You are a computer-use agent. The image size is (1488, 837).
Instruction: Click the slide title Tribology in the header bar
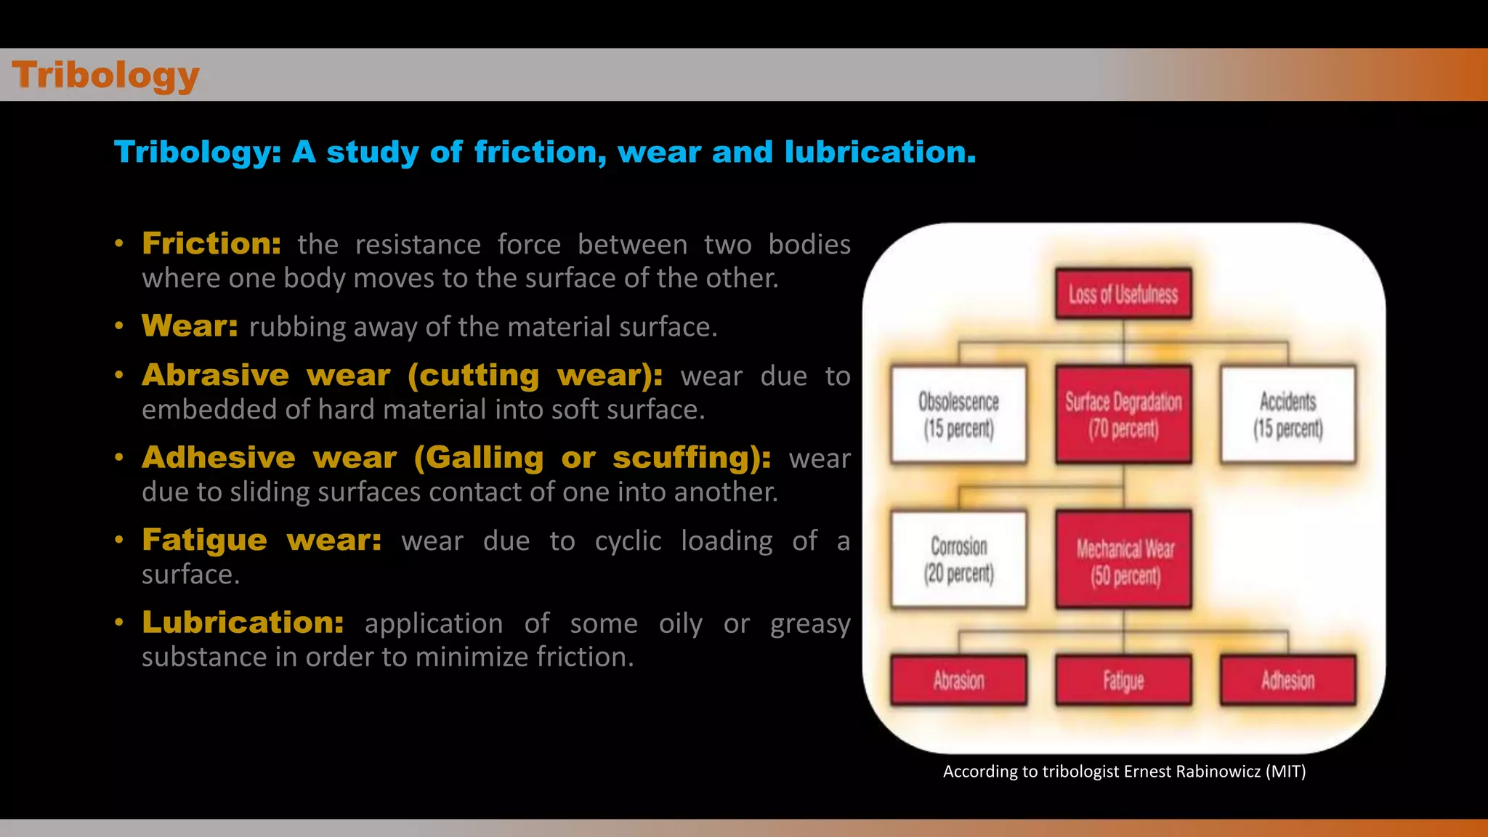point(106,75)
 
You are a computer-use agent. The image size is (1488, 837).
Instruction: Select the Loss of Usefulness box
point(1123,294)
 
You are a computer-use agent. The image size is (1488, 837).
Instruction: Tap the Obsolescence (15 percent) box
point(958,415)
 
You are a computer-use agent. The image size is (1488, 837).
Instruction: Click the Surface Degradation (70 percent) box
point(1123,415)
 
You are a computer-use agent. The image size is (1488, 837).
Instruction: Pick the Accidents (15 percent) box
point(1287,415)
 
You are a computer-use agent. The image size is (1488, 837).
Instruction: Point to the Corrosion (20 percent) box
point(958,559)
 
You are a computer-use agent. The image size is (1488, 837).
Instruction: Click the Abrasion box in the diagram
point(958,681)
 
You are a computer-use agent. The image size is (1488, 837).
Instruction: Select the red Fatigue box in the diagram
point(1123,681)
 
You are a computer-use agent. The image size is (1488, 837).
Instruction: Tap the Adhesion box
point(1287,681)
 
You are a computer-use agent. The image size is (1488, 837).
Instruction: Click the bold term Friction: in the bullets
point(211,243)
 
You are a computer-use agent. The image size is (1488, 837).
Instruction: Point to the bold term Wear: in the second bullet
point(190,325)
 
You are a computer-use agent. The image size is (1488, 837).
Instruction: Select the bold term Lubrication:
point(243,623)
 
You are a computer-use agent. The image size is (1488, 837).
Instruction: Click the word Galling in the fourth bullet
point(484,458)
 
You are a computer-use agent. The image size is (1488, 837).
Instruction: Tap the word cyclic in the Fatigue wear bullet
point(628,541)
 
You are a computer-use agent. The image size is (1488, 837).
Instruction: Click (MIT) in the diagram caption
point(1285,772)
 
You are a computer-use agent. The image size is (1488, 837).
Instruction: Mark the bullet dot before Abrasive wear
point(119,376)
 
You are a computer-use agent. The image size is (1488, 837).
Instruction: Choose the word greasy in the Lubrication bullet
point(810,624)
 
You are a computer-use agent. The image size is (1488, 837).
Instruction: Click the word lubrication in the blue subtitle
point(880,153)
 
